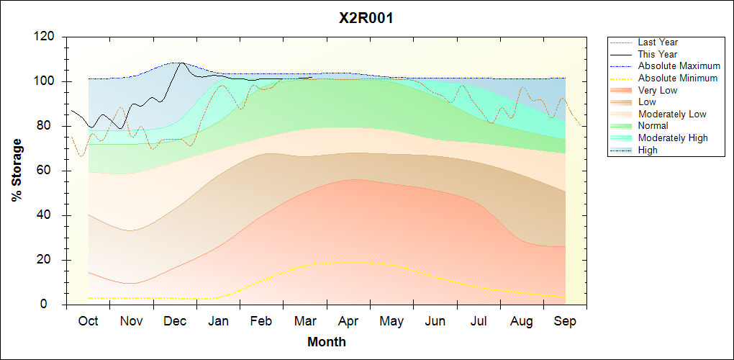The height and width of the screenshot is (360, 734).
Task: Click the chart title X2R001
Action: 366,18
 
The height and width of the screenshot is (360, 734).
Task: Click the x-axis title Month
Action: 327,342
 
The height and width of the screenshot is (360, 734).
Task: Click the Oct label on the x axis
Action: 89,321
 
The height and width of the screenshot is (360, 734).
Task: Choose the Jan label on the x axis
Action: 219,321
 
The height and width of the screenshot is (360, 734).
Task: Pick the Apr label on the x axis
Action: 349,321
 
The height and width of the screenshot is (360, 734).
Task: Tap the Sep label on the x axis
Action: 566,321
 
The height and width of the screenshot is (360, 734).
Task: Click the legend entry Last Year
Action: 657,42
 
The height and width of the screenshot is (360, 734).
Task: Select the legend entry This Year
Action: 657,55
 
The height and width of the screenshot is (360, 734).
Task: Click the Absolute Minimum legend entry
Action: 677,78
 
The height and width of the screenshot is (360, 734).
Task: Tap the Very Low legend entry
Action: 657,91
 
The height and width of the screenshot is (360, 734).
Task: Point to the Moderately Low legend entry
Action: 672,114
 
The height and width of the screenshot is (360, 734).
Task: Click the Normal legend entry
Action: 653,126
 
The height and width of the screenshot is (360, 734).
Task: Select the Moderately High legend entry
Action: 673,138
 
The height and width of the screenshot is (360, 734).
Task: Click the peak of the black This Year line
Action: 180,63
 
